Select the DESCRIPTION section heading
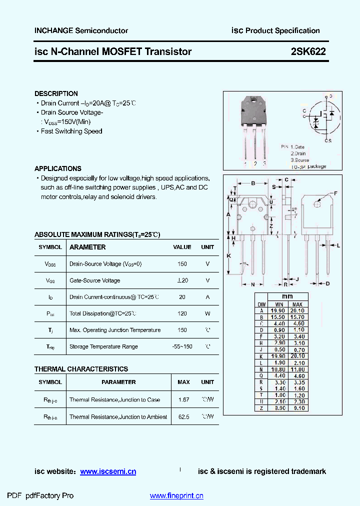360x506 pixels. click(x=56, y=93)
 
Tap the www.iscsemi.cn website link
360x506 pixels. click(x=108, y=471)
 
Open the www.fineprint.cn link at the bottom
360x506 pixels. click(x=176, y=496)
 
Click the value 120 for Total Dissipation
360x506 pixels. click(x=182, y=313)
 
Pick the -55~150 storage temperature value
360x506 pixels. click(x=182, y=346)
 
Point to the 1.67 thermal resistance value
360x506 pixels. click(x=183, y=400)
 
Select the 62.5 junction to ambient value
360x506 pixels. click(x=183, y=417)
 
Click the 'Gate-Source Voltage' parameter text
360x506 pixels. click(x=94, y=280)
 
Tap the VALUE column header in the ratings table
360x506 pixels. click(x=182, y=247)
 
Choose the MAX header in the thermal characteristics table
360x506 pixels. click(x=183, y=382)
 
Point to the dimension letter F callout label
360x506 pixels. click(x=335, y=193)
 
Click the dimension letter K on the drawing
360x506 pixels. click(x=228, y=255)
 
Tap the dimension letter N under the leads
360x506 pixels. click(x=253, y=284)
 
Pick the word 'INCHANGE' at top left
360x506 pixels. click(x=53, y=30)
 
